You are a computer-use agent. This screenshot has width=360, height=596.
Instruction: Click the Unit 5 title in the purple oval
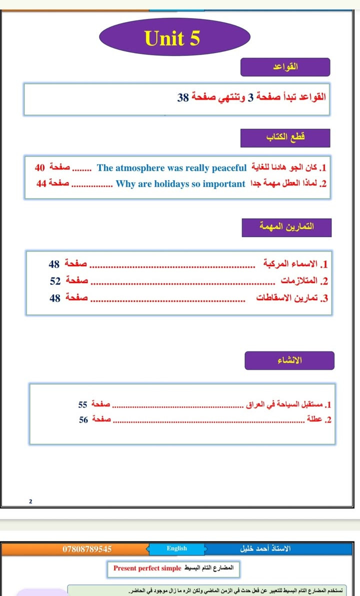172,39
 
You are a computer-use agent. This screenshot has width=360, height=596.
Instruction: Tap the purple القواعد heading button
285,67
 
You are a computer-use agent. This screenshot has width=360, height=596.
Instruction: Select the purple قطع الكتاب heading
285,138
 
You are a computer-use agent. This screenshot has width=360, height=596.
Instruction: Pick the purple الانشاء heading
289,360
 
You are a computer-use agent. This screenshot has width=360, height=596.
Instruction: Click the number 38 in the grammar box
182,98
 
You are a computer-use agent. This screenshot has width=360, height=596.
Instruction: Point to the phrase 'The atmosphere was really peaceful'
171,168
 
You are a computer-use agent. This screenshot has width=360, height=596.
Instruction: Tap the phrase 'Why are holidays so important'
180,184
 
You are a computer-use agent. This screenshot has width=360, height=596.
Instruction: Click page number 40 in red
40,168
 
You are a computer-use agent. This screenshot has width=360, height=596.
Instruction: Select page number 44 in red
42,184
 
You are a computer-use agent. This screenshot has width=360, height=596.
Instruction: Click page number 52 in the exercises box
55,281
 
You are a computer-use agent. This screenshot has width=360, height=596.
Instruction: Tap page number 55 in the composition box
83,404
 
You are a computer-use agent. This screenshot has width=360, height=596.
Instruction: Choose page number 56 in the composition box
83,420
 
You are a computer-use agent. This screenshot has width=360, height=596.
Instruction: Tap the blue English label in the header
177,549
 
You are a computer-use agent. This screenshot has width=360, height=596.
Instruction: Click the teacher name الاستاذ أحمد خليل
265,549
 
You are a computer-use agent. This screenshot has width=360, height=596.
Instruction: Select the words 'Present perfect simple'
147,569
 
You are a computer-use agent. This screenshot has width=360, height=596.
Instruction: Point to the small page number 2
30,501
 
